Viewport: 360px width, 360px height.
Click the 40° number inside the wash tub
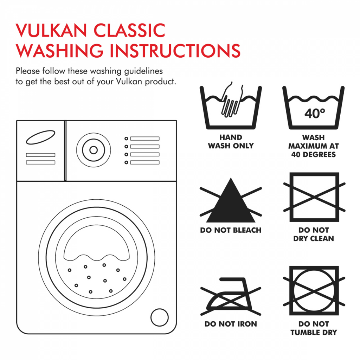315,113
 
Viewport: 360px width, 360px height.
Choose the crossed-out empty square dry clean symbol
314,197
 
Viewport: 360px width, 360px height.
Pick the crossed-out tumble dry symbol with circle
314,291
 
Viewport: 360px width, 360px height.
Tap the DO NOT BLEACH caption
231,230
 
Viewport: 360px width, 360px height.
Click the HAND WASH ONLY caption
231,141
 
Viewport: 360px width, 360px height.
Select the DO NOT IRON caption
231,324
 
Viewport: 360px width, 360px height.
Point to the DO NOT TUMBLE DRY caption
314,328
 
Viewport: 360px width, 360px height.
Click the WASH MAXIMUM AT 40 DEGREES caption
314,146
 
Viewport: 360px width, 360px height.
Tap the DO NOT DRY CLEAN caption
314,234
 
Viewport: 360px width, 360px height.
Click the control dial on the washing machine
94,150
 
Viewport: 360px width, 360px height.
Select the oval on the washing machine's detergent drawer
41,137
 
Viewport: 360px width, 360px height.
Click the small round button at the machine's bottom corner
160,317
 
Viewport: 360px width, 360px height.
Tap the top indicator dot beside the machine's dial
126,139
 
